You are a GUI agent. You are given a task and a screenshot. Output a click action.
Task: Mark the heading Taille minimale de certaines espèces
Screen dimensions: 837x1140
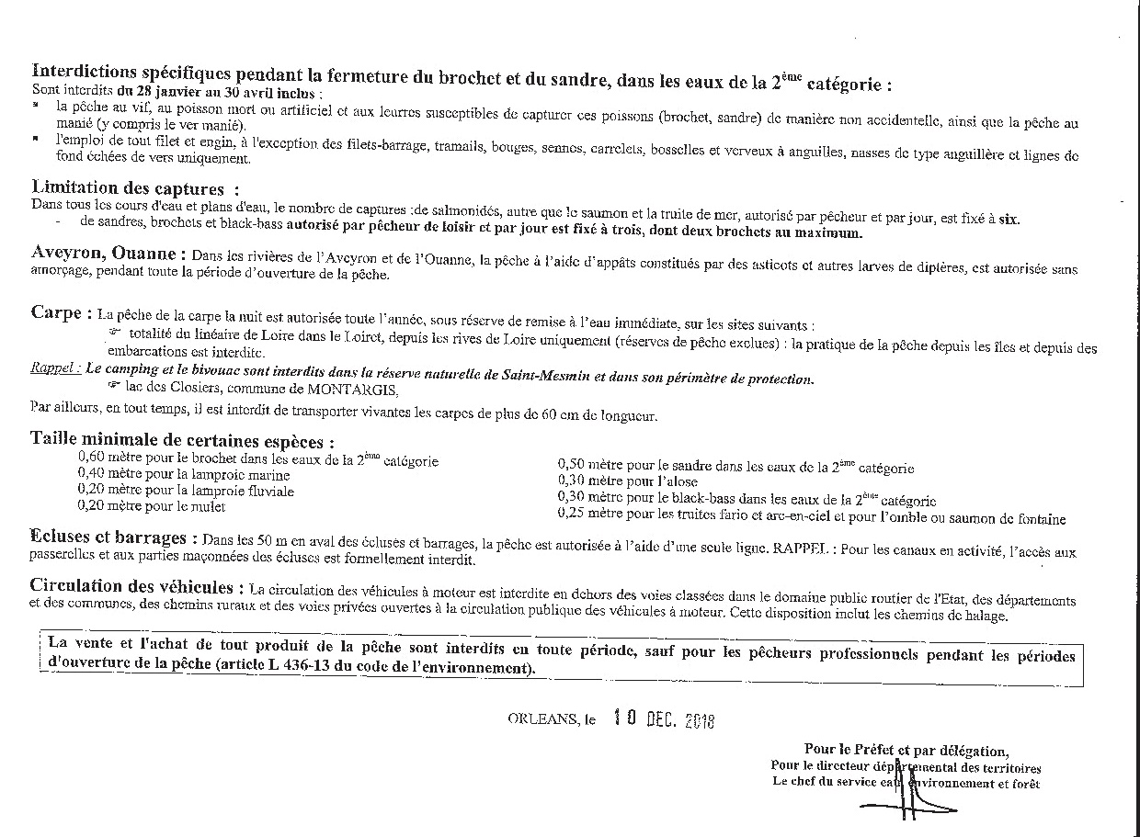(182, 442)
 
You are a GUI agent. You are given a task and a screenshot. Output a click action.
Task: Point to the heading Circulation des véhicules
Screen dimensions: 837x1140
(137, 586)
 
